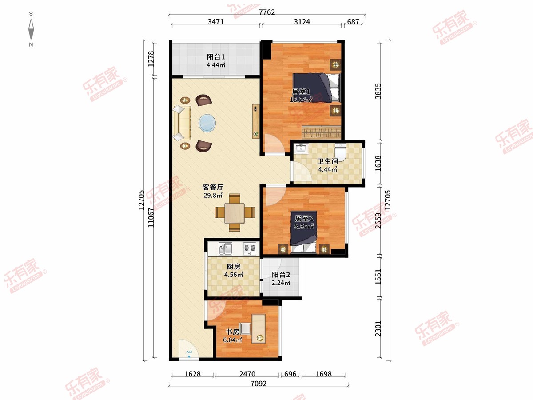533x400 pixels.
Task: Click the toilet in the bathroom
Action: [340, 152]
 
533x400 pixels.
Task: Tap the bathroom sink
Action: [301, 148]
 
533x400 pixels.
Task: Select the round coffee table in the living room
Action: [207, 123]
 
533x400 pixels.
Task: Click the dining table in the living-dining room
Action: [235, 213]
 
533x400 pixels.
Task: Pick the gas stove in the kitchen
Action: [250, 249]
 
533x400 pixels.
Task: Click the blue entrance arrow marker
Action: [189, 356]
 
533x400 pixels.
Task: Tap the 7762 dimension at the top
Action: [267, 12]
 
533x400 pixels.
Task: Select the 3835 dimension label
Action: [378, 91]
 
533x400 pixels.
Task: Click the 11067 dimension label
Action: [151, 217]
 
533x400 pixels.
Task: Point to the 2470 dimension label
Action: [247, 374]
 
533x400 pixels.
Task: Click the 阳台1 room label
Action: [216, 57]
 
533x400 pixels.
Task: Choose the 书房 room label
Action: [232, 332]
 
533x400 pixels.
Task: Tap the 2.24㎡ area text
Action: [281, 283]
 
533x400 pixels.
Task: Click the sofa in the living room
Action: [182, 123]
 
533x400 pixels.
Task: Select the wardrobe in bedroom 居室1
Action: [321, 132]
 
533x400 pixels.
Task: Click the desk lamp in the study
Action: [260, 338]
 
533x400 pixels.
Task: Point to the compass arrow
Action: [31, 29]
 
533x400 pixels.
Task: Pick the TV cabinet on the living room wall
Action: [256, 121]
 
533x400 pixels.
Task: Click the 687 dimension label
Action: [353, 22]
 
